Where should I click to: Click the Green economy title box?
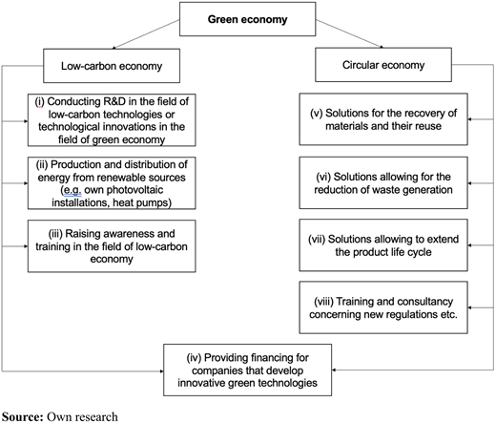pyautogui.click(x=247, y=19)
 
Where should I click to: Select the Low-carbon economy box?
pyautogui.click(x=112, y=66)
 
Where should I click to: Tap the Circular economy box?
pyautogui.click(x=383, y=65)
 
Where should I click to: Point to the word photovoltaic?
pyautogui.click(x=134, y=190)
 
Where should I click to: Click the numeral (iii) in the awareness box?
pyautogui.click(x=55, y=234)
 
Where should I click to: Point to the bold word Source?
pyautogui.click(x=22, y=416)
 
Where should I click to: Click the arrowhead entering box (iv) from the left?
pyautogui.click(x=161, y=371)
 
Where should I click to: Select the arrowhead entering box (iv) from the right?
pyautogui.click(x=334, y=370)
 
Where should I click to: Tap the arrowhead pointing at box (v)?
pyautogui.click(x=469, y=119)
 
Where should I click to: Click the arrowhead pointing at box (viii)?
pyautogui.click(x=469, y=307)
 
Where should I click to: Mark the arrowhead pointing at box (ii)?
pyautogui.click(x=26, y=183)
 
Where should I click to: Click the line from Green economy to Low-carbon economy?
pyautogui.click(x=146, y=34)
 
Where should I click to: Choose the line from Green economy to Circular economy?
pyautogui.click(x=349, y=33)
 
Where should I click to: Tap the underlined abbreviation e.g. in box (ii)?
pyautogui.click(x=72, y=190)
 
